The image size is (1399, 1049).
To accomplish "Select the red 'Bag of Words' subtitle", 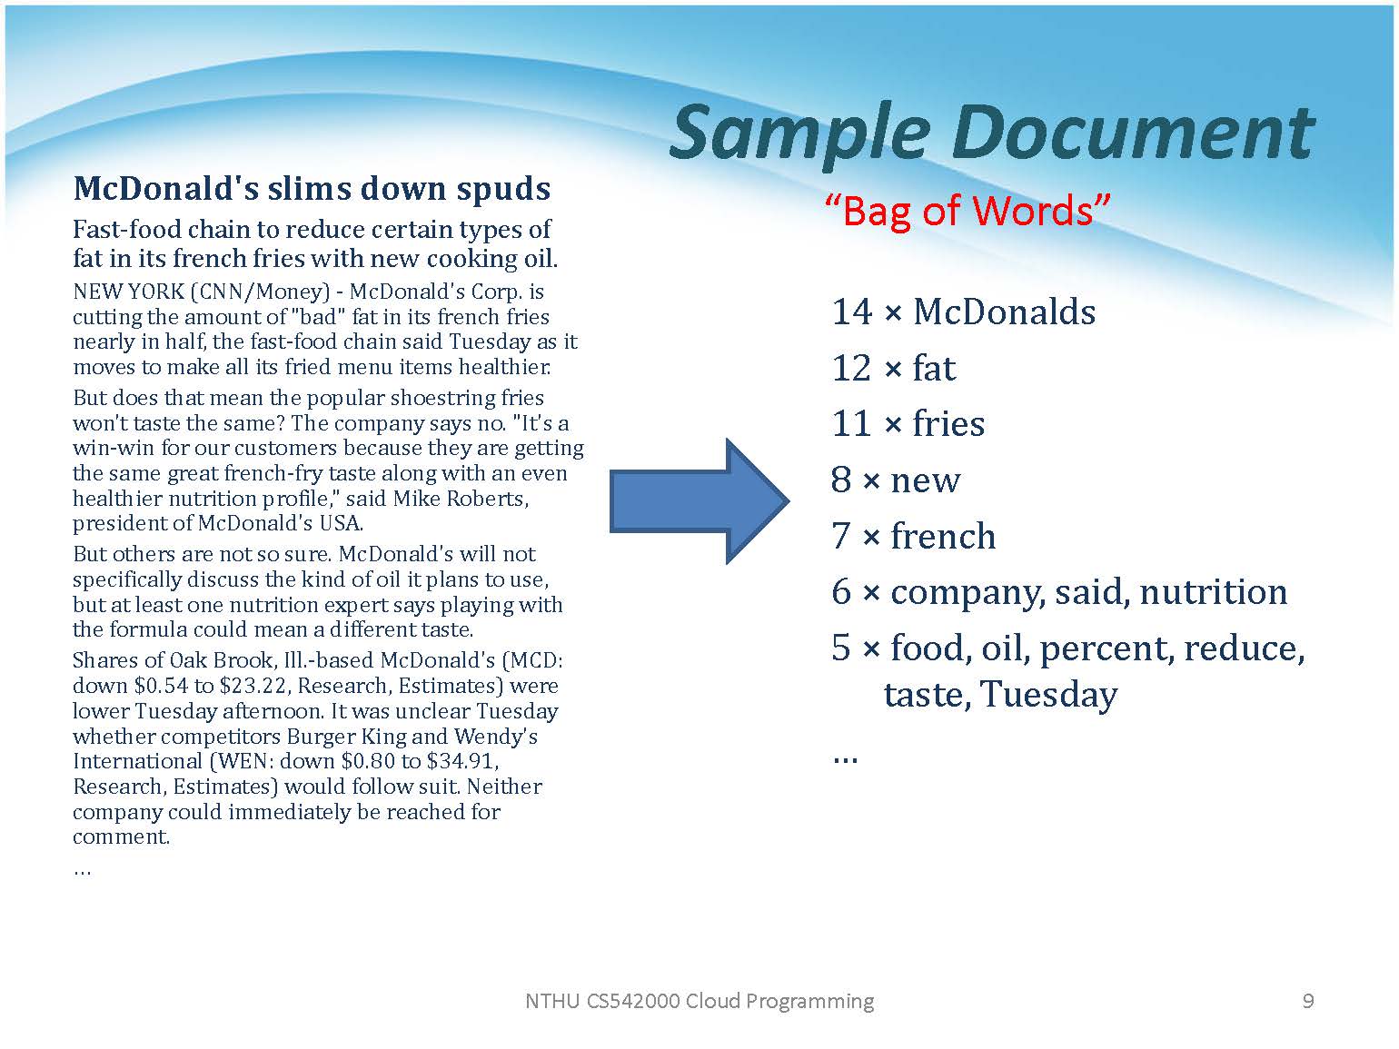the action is point(967,211).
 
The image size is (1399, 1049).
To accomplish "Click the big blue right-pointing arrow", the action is point(699,500).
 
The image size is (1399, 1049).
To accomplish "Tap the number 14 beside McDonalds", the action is point(851,312).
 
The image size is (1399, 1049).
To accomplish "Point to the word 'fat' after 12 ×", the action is point(935,368).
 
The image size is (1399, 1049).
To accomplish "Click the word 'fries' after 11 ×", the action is point(948,423).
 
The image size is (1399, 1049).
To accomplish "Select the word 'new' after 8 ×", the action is point(925,480).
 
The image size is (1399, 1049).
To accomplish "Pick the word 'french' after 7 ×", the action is point(943,536).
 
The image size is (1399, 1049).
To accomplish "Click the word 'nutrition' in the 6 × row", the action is point(1213,591).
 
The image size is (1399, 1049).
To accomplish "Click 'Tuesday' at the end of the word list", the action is point(1048,694).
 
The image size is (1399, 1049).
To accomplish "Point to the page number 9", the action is point(1308,1001).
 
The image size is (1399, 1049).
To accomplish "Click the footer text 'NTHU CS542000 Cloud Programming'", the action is point(699,1001).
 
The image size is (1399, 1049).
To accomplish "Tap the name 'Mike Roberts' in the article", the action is point(461,498).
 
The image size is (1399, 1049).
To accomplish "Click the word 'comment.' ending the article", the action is point(121,836).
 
